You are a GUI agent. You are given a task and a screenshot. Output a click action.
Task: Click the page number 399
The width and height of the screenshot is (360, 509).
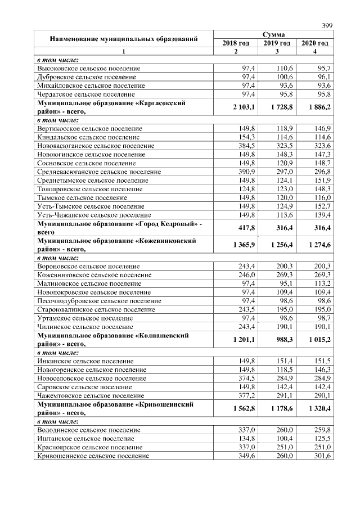pyautogui.click(x=327, y=25)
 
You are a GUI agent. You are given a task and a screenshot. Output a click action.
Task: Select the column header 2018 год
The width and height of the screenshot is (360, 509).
pyautogui.click(x=236, y=43)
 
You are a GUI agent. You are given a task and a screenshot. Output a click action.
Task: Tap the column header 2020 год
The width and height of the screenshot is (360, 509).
pyautogui.click(x=314, y=43)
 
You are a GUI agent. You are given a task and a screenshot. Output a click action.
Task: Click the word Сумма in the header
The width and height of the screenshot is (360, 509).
pyautogui.click(x=275, y=35)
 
